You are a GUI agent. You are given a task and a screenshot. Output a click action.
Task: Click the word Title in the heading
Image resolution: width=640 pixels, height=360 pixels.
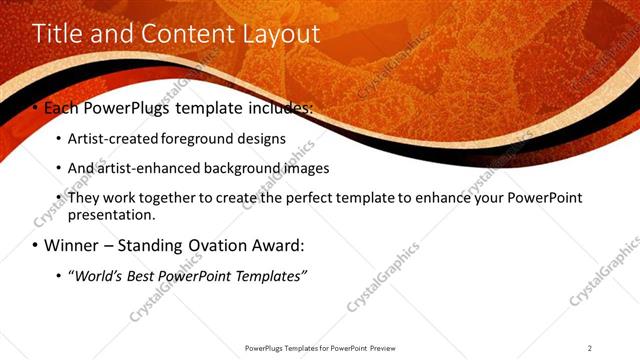click(59, 33)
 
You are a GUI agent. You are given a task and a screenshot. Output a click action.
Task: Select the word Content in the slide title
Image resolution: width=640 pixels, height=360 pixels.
click(187, 33)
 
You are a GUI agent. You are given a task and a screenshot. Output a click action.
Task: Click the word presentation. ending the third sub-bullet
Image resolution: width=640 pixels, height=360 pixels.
click(110, 214)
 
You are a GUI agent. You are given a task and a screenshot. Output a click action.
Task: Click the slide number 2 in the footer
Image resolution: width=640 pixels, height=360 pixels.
click(590, 348)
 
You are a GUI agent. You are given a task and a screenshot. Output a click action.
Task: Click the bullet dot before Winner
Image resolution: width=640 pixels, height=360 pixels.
click(35, 245)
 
